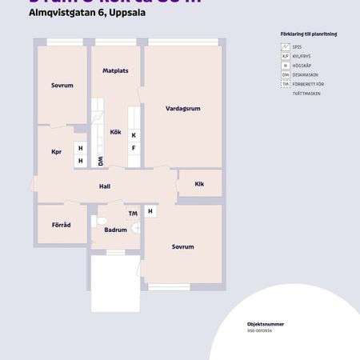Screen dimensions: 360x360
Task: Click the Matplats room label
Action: pos(116,71)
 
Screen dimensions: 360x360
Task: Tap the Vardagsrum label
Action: pos(181,108)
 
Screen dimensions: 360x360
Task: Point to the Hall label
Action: pos(104,186)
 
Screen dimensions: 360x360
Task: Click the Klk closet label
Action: pos(199,184)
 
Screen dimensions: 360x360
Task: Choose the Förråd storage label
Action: pos(62,225)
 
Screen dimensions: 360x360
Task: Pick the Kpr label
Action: pos(56,152)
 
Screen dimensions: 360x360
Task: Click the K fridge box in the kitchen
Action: pos(134,135)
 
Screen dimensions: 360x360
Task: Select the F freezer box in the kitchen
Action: pos(134,148)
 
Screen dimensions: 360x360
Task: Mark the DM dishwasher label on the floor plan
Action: pos(101,161)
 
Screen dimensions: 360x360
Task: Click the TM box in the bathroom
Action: pos(133,213)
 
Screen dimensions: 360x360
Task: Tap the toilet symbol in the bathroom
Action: pos(101,221)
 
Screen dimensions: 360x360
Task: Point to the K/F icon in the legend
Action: pos(285,57)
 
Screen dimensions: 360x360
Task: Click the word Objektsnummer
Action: pos(266,324)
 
